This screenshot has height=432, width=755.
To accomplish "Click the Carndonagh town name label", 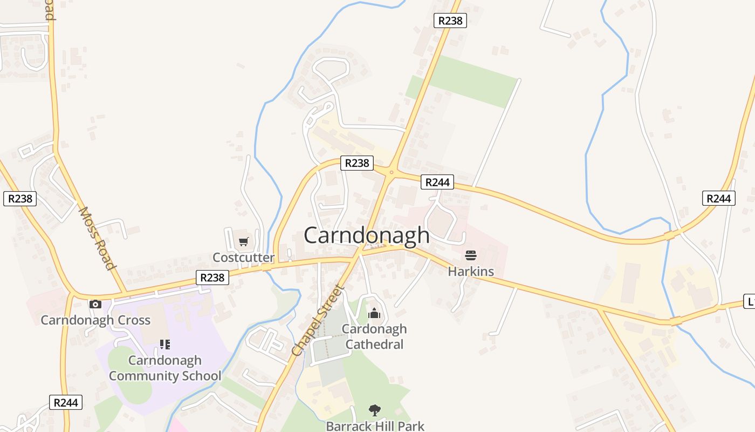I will pyautogui.click(x=367, y=235).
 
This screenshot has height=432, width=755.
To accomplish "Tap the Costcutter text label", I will pyautogui.click(x=243, y=258).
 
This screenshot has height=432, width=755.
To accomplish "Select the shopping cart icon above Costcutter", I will pyautogui.click(x=243, y=241).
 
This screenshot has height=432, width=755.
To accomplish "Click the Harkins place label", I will pyautogui.click(x=471, y=271).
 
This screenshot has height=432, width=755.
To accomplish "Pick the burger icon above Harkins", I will pyautogui.click(x=471, y=255).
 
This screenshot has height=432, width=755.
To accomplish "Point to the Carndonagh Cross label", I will pyautogui.click(x=95, y=320).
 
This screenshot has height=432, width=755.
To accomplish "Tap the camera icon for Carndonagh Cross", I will pyautogui.click(x=95, y=304).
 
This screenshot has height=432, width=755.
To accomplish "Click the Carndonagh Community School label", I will pyautogui.click(x=165, y=368).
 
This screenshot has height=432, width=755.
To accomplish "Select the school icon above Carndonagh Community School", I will pyautogui.click(x=165, y=344).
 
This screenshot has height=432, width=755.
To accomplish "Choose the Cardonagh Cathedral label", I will pyautogui.click(x=374, y=336).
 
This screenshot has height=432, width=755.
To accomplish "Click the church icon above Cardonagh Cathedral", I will pyautogui.click(x=374, y=313).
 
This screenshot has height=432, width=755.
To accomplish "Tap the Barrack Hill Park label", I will pyautogui.click(x=375, y=426).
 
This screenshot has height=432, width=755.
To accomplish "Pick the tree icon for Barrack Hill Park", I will pyautogui.click(x=374, y=410).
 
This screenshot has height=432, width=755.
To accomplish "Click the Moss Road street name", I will pyautogui.click(x=97, y=238).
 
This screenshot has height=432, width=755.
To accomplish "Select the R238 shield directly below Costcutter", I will pyautogui.click(x=212, y=278).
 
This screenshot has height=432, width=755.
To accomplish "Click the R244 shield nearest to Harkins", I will pyautogui.click(x=437, y=183).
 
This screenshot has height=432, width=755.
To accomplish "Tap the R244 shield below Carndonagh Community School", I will pyautogui.click(x=67, y=402).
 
